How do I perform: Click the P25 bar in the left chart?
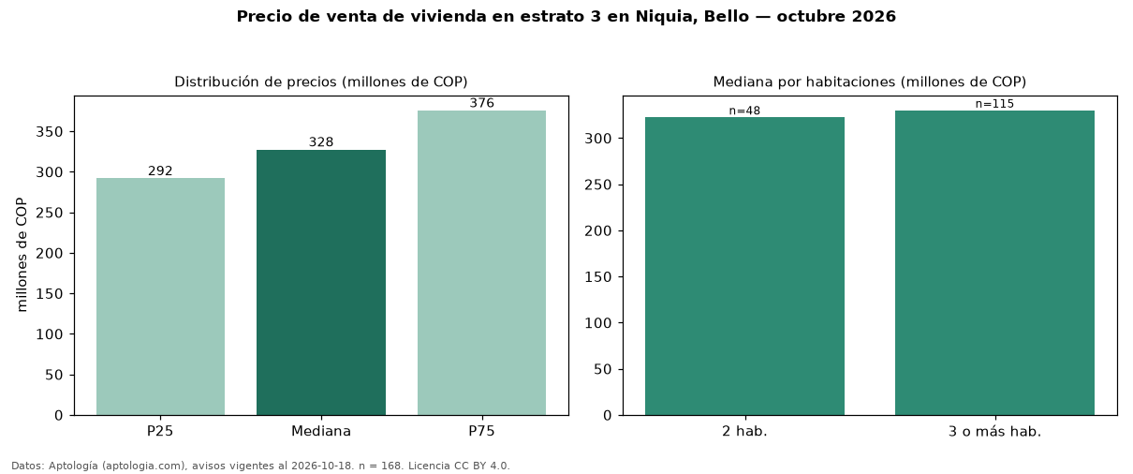coord(160,296)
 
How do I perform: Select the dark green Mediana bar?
coord(321,282)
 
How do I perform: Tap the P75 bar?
coord(481,263)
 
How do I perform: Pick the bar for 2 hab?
coord(744,266)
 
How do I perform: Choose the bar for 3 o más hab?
coord(994,263)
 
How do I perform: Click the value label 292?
coord(160,171)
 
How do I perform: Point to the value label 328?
coord(321,142)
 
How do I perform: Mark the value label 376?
coord(481,103)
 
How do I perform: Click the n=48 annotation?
coord(744,111)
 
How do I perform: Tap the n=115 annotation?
coord(994,104)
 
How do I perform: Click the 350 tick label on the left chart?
coord(49,132)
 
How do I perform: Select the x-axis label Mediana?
coord(321,431)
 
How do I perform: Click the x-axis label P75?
coord(481,431)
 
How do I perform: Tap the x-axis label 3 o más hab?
coord(994,432)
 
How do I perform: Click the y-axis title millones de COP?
coord(22,255)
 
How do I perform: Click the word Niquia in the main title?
coord(665,17)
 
